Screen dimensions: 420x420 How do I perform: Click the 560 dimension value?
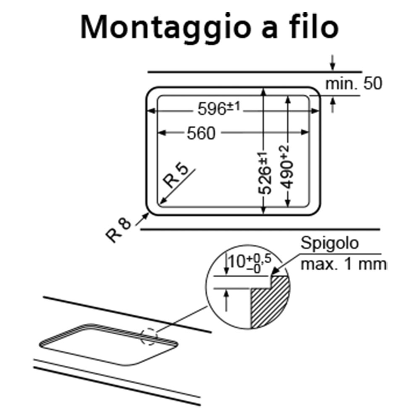coord(201,133)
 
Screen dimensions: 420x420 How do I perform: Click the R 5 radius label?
coord(176,176)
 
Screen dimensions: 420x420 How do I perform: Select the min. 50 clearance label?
coord(354,84)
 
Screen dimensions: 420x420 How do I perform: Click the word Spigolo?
coord(329,244)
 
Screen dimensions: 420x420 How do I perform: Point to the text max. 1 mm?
coord(344,264)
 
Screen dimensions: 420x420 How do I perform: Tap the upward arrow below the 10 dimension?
coord(227,300)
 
